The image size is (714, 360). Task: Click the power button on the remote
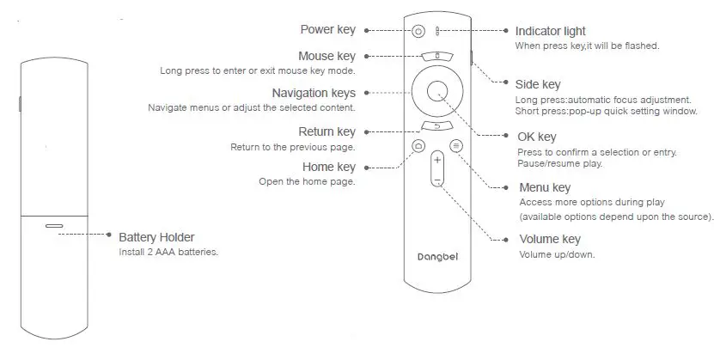(418, 31)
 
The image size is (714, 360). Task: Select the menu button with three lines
(455, 146)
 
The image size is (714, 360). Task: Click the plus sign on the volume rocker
(437, 160)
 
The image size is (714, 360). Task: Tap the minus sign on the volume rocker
(437, 180)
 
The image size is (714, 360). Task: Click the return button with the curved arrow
(436, 126)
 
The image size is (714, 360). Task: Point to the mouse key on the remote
(436, 56)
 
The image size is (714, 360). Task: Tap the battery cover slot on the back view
(54, 227)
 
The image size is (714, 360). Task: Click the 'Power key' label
(327, 30)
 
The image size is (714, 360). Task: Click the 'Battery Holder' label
(156, 237)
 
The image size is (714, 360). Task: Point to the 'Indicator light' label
(550, 31)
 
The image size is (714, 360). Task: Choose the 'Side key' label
(539, 84)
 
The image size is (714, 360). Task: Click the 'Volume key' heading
(550, 239)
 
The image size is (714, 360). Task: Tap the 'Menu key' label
(545, 187)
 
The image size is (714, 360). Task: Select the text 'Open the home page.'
(307, 181)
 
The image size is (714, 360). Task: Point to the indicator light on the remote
(437, 31)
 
